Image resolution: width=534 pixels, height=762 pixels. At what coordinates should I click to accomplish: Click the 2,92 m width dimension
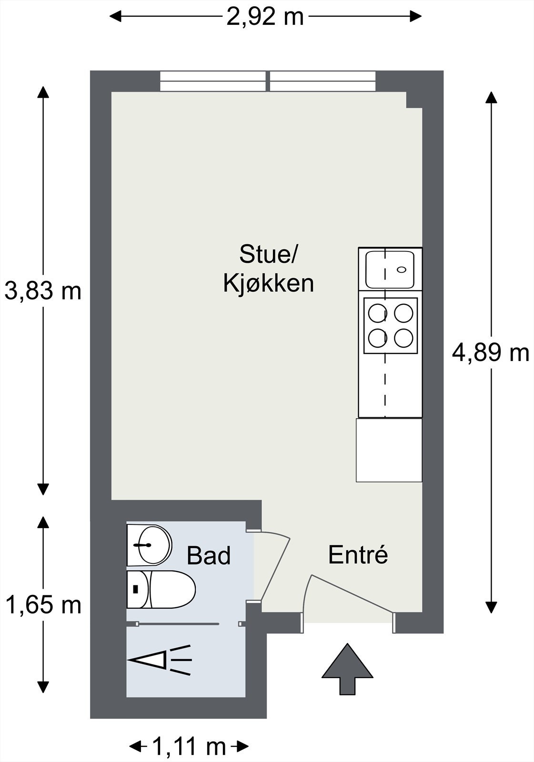pyautogui.click(x=265, y=17)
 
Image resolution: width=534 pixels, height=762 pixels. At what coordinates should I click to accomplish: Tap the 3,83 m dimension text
pyautogui.click(x=43, y=291)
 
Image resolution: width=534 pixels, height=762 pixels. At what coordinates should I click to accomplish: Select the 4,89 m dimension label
pyautogui.click(x=490, y=353)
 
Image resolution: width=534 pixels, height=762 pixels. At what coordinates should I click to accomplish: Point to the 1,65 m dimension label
pyautogui.click(x=43, y=605)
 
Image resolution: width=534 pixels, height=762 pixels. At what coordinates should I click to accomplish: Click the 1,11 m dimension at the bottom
pyautogui.click(x=189, y=746)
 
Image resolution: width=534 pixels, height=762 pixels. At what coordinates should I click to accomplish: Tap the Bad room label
pyautogui.click(x=209, y=556)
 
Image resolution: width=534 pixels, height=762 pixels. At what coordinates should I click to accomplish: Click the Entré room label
pyautogui.click(x=358, y=555)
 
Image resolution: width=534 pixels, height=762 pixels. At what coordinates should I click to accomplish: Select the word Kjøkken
pyautogui.click(x=269, y=284)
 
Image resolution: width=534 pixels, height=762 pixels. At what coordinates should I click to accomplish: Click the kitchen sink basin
pyautogui.click(x=389, y=270)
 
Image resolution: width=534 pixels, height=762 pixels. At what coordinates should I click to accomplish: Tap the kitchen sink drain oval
pyautogui.click(x=402, y=270)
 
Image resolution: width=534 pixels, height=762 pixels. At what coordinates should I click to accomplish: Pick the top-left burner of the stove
pyautogui.click(x=377, y=313)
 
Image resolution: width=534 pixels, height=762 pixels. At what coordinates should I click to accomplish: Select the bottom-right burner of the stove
pyautogui.click(x=403, y=338)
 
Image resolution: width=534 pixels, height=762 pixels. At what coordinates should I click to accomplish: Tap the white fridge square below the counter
pyautogui.click(x=389, y=450)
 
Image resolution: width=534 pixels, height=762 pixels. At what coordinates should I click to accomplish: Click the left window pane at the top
pyautogui.click(x=212, y=81)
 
